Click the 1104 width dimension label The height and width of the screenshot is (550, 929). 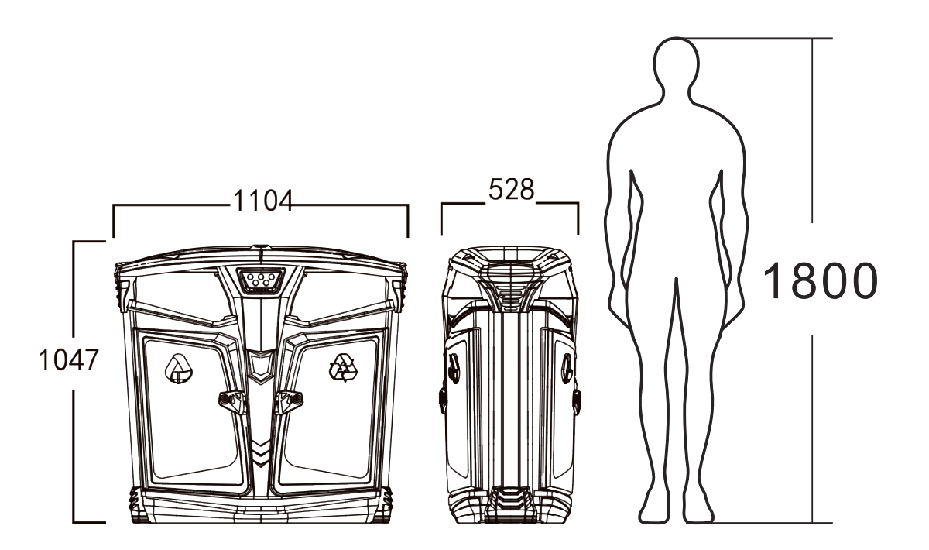263,201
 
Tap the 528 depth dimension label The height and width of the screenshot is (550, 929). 512,190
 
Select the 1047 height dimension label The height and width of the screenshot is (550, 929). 68,359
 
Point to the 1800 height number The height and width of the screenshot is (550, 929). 820,281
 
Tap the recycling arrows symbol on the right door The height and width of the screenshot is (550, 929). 343,368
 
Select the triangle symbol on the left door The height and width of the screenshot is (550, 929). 179,369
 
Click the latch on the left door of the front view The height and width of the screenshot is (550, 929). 233,401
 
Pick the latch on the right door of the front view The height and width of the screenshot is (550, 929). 289,401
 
